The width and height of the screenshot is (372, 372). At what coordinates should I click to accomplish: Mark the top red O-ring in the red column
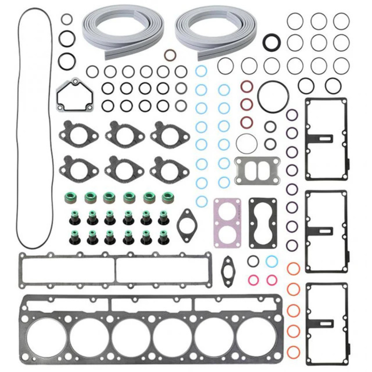pyautogui.click(x=247, y=86)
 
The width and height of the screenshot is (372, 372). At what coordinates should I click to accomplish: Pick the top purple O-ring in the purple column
pyautogui.click(x=292, y=115)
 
